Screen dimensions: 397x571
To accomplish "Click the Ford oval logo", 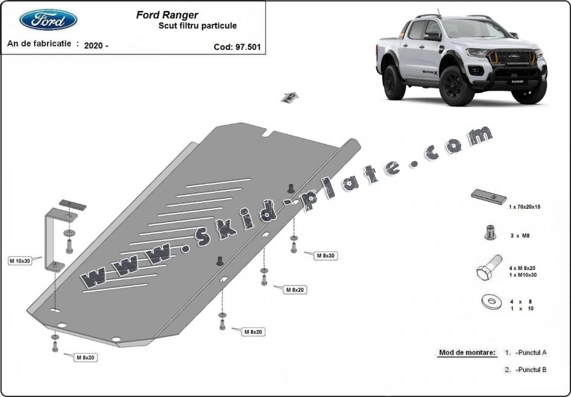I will pos(48,20).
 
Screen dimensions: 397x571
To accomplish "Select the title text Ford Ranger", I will pos(167,15).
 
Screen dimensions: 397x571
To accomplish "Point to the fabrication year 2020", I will pos(94,46).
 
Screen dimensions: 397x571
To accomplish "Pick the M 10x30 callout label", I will pos(20,261).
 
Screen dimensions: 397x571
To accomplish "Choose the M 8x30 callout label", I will pos(326,256).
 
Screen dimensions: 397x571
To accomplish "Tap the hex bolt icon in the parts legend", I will pos(489,269).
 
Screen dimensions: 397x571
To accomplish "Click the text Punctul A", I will pos(531,353).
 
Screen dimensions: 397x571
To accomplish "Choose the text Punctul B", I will pos(531,370).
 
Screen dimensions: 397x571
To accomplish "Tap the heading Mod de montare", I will pos(467,353).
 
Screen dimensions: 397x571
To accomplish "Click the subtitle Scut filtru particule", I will pos(197,26).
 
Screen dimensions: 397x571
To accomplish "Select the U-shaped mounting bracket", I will pos(52,240).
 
